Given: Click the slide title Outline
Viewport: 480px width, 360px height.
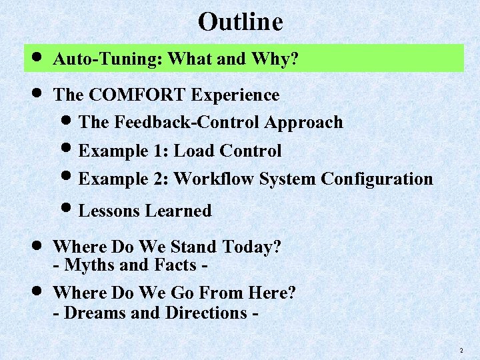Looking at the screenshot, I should click(240, 22).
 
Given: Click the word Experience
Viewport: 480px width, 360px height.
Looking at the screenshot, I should click(235, 95).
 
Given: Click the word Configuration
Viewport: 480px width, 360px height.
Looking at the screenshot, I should click(377, 179).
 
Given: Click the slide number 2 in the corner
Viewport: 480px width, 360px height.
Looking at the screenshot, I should click(461, 351).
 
